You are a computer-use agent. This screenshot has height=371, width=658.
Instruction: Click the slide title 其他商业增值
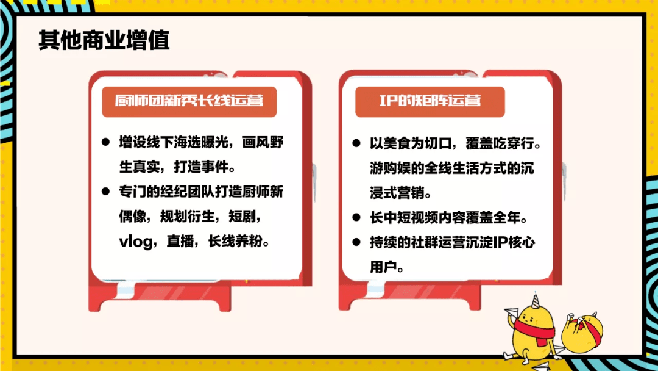[x=104, y=40]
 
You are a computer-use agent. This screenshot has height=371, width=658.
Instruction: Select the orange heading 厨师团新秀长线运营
[x=189, y=101]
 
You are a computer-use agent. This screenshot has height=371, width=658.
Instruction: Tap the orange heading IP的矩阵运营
[x=430, y=101]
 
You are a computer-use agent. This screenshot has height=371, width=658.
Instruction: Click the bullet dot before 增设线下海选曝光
[x=106, y=143]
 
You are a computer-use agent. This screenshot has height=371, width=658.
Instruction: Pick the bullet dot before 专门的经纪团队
[x=106, y=192]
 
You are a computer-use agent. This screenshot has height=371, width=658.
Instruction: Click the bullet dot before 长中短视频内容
[x=357, y=217]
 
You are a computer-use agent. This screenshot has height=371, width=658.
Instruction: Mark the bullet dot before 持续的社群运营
[x=357, y=242]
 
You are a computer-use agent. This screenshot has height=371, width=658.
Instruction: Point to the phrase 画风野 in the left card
[x=264, y=143]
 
